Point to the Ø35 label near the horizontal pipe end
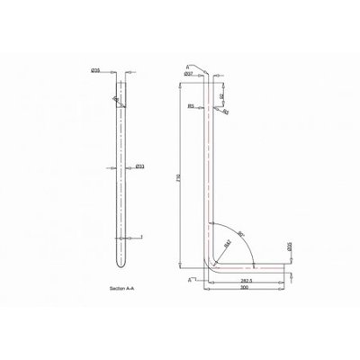coord(289,245)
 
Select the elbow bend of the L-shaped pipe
coord(212,262)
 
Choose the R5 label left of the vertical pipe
coord(192,106)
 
